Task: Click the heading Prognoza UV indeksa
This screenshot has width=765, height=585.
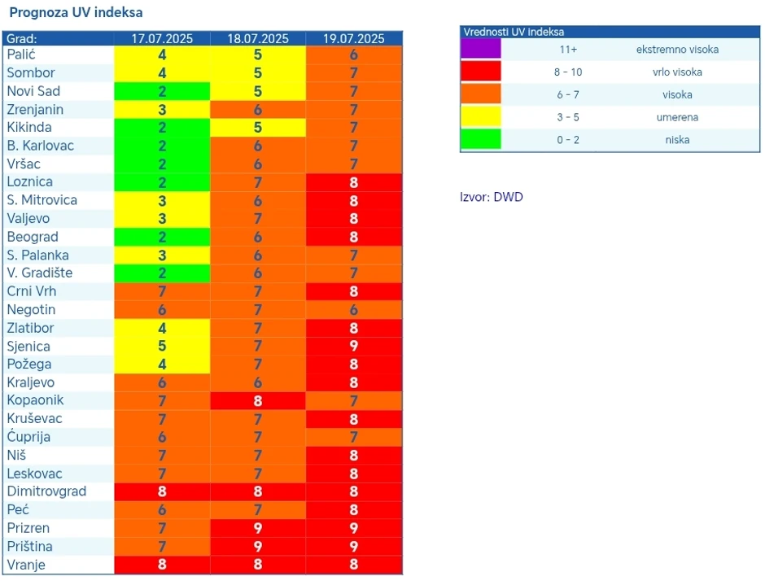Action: [76, 14]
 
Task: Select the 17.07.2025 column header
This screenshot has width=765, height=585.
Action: [162, 39]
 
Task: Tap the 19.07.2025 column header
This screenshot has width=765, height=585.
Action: [353, 39]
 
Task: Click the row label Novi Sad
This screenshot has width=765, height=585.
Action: [33, 91]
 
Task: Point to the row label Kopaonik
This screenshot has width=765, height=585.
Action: [35, 400]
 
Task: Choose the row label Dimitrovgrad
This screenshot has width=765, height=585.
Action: [46, 491]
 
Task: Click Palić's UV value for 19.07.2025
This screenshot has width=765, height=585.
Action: [353, 55]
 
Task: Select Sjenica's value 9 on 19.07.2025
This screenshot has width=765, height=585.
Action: [353, 347]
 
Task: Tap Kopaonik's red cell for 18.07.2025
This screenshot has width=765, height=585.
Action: [258, 400]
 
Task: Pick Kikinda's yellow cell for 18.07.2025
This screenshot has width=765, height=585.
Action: [258, 128]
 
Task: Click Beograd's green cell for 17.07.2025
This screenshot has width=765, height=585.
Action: [162, 237]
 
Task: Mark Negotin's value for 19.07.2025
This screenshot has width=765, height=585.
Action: [353, 310]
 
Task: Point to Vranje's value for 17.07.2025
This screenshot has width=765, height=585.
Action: [162, 565]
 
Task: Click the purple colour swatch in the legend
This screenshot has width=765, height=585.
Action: [481, 49]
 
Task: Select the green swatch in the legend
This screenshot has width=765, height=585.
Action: [481, 139]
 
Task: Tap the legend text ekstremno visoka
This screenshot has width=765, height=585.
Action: [677, 50]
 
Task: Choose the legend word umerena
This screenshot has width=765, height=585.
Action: [677, 117]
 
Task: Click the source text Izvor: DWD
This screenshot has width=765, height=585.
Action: [492, 197]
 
